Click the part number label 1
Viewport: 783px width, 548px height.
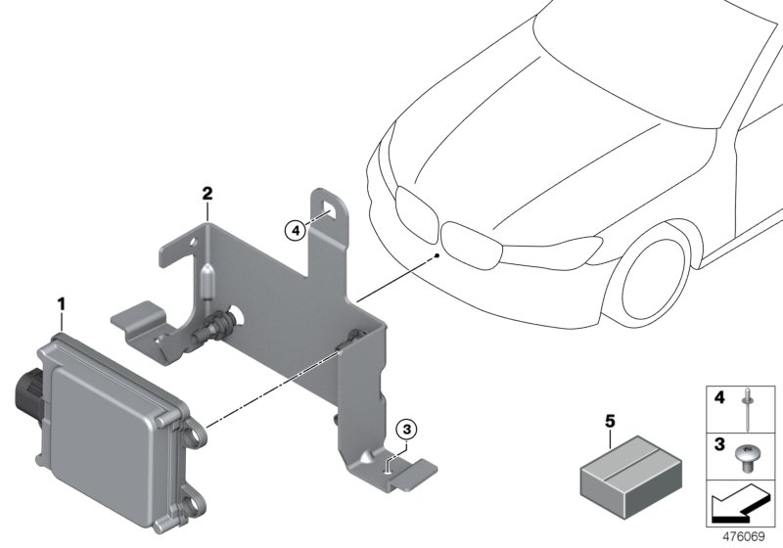pyautogui.click(x=62, y=306)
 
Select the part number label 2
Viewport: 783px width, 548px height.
pyautogui.click(x=207, y=193)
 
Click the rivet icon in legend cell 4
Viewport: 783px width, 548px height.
pyautogui.click(x=752, y=409)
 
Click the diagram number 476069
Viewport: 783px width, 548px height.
pyautogui.click(x=746, y=537)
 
